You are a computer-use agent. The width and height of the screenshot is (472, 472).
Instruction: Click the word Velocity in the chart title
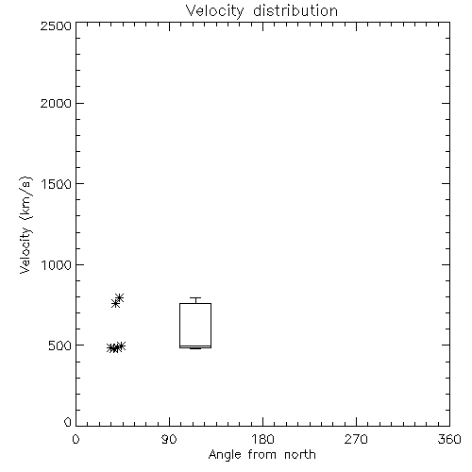coord(215,11)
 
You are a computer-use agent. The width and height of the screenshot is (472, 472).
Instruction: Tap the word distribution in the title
coord(295,10)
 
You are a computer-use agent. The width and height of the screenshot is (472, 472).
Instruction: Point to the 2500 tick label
coord(56,25)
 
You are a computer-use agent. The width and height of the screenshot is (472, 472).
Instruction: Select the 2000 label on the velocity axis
coord(56,103)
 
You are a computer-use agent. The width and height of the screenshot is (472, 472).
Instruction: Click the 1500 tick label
coord(57,184)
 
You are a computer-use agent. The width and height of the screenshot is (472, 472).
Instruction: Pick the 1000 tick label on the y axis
coord(57,265)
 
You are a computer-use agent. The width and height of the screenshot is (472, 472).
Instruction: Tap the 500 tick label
coord(60,346)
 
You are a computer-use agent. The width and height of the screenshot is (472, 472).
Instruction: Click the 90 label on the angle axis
coord(169,439)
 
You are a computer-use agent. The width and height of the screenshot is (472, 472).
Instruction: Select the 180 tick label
coord(262,439)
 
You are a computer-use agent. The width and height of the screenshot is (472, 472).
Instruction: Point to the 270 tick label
coord(356,439)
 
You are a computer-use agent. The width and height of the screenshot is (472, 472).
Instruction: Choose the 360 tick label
coord(449,439)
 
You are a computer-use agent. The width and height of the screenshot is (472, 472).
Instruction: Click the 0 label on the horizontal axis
coord(76,439)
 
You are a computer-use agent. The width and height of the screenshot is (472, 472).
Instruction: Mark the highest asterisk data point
coord(119,297)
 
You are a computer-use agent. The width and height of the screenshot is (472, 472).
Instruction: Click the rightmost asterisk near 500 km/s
coord(121,346)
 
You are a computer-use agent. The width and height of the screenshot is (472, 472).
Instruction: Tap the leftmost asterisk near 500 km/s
coord(110,348)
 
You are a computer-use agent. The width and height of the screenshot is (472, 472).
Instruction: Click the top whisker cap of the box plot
coord(195,297)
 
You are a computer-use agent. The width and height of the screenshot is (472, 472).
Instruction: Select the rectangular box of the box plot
coord(179,326)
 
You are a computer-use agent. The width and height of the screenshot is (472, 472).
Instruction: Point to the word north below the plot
coord(300,454)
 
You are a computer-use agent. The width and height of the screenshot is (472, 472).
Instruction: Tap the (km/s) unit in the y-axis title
coord(25,198)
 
